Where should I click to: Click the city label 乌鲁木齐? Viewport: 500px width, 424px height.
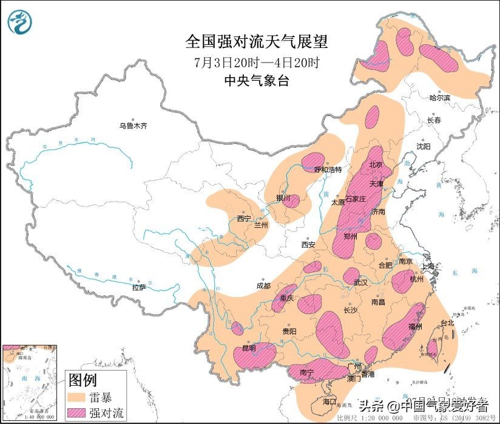133,126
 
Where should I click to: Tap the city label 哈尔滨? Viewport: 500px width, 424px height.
440,98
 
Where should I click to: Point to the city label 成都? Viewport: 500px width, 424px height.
263,285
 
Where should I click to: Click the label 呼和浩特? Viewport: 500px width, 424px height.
328,170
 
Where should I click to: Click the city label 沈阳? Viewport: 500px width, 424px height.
423,146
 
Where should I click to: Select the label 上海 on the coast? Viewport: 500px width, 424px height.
429,266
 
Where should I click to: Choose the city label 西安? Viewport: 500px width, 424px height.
308,245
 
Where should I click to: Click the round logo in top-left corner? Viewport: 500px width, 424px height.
20,22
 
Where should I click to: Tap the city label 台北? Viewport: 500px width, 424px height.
447,323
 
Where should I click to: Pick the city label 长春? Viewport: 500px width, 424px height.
434,120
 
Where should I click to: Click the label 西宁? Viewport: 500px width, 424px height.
244,218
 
